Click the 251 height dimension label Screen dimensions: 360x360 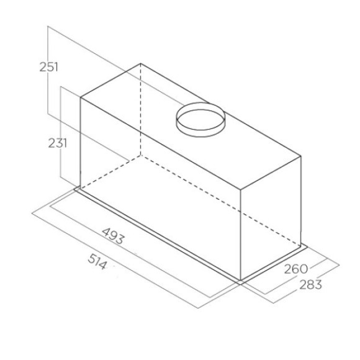point(48,67)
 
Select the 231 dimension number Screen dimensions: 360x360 point(57,143)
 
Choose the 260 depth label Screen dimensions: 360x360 point(296,269)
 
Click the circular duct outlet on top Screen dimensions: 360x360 point(200,118)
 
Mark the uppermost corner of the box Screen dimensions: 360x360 point(140,63)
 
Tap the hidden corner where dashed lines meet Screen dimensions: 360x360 point(140,153)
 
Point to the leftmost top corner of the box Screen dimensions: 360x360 point(81,97)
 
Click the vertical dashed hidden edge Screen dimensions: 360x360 point(140,109)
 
